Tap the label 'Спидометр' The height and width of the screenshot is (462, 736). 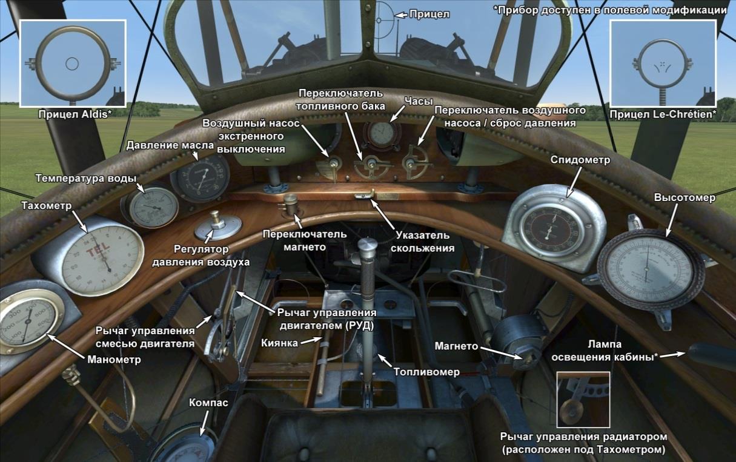point(579,160)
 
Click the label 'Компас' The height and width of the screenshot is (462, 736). point(208,403)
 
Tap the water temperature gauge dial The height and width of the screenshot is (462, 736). point(150,206)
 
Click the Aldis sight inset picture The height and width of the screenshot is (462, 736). point(73,64)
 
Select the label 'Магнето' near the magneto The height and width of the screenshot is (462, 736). point(457,346)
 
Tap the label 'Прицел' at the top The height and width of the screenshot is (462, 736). point(429,14)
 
